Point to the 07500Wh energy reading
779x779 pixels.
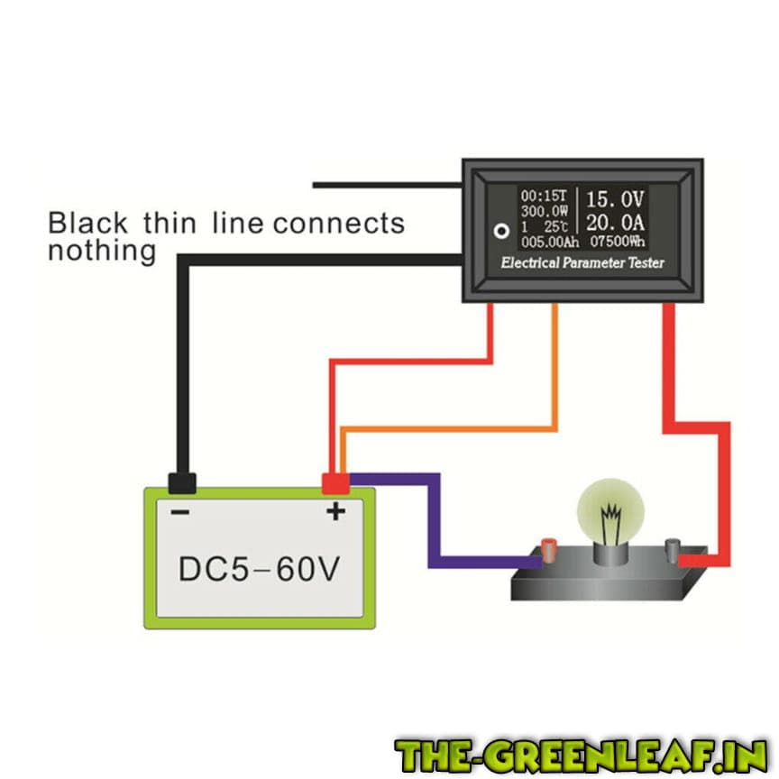[x=618, y=242]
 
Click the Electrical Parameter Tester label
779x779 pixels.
[x=582, y=263]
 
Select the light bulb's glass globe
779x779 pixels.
[x=610, y=512]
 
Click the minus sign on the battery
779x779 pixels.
[x=180, y=512]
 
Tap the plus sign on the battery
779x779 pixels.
[x=335, y=512]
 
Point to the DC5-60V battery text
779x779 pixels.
[x=258, y=569]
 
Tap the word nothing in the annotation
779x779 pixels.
[x=101, y=250]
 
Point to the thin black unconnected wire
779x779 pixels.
[x=388, y=185]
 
